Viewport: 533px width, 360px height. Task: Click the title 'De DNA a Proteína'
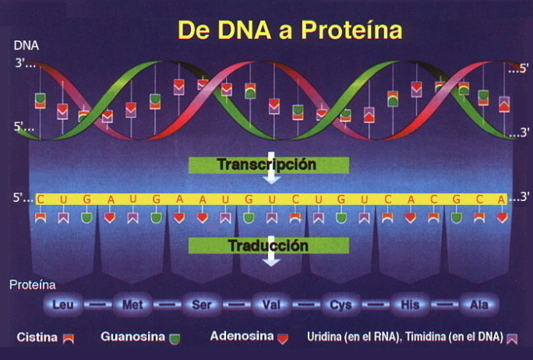coord(290,30)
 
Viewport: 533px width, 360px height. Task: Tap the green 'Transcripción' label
coord(269,165)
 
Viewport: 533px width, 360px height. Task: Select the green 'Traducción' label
coord(269,245)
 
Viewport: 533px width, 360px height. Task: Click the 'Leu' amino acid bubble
coord(63,304)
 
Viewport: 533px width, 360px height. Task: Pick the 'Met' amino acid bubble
coord(132,304)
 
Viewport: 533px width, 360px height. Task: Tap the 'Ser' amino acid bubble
coord(202,304)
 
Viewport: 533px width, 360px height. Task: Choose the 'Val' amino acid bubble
coord(271,304)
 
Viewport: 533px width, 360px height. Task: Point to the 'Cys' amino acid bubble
coord(341,304)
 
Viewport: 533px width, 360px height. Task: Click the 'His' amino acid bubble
coord(410,304)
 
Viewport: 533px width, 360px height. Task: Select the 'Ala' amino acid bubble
coord(479,304)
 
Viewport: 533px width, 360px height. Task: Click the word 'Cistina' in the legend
coord(37,337)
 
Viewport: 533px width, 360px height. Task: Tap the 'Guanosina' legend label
coord(132,337)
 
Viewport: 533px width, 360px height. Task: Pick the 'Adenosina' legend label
coord(242,336)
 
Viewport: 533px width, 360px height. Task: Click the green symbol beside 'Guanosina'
coord(175,339)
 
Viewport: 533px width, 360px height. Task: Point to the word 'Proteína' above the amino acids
coord(33,285)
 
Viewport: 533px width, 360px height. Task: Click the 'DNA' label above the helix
coord(26,45)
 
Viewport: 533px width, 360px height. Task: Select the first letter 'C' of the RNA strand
coord(41,199)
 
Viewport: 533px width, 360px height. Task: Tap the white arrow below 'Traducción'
coord(271,255)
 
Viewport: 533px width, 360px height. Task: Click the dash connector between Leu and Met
coord(98,304)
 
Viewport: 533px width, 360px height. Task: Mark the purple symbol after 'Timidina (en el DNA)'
coord(512,339)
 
